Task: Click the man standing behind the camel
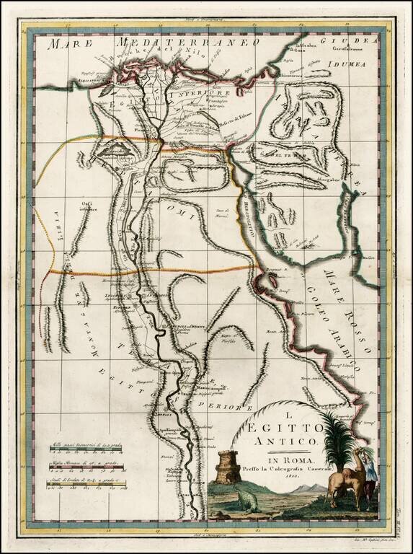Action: (x=369, y=469)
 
